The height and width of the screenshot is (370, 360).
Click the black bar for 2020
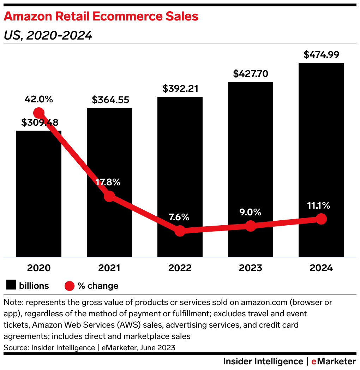click(x=39, y=198)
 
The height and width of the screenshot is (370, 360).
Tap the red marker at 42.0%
click(x=38, y=113)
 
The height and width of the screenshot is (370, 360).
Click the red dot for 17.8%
click(x=109, y=196)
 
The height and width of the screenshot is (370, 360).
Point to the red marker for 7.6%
click(x=180, y=231)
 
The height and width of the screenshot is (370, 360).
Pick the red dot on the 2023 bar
click(x=250, y=226)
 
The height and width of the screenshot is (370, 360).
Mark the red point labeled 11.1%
click(x=321, y=219)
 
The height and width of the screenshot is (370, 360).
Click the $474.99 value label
click(x=321, y=55)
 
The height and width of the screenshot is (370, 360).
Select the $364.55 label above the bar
click(x=109, y=100)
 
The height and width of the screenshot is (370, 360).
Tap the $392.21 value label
click(x=180, y=89)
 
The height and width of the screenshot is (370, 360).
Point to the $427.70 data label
click(x=250, y=74)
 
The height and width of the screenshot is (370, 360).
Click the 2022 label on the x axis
click(x=180, y=268)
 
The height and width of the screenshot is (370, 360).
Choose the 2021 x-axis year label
click(x=109, y=268)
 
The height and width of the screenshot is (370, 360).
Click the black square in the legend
click(x=12, y=286)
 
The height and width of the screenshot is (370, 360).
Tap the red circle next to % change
click(x=70, y=286)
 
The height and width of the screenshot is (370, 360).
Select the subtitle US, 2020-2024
click(x=48, y=35)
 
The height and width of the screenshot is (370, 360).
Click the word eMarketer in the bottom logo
click(x=334, y=362)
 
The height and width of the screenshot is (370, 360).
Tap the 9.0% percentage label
click(x=250, y=212)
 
